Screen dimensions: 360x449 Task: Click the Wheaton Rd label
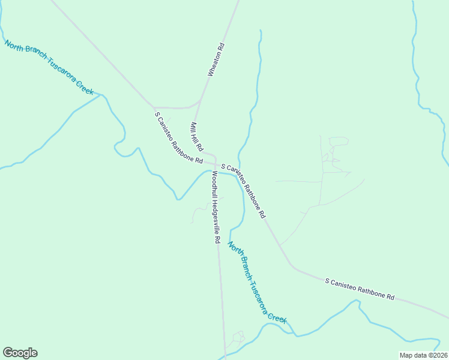coord(215,59)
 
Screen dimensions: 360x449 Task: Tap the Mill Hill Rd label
coord(197,137)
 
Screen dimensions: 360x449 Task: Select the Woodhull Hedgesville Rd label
coord(215,206)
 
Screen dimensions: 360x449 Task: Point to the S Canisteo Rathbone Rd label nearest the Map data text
coord(360,289)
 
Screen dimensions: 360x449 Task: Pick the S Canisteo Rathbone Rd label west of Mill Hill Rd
coord(178,137)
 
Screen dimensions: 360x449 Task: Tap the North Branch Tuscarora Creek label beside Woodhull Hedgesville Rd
coord(256,281)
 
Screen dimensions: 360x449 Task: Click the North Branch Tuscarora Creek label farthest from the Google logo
coord(49,67)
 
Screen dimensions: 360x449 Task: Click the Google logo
coord(20,353)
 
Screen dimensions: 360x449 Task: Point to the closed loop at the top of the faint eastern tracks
coord(339,141)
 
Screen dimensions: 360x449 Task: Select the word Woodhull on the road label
coord(214,185)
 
